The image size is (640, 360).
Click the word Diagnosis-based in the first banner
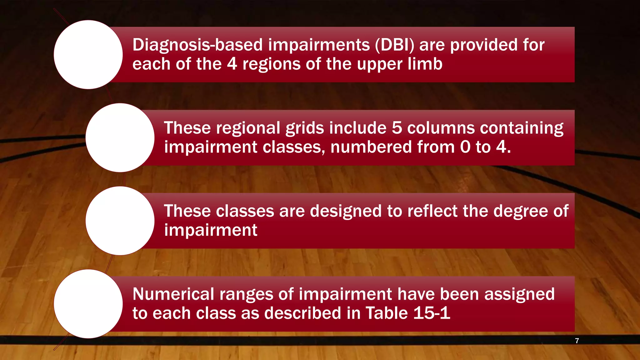pos(197,45)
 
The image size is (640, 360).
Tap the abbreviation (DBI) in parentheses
pos(394,45)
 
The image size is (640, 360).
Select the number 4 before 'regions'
pos(232,64)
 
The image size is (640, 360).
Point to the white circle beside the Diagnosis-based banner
pos(88,55)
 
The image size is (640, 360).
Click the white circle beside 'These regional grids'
pos(120,138)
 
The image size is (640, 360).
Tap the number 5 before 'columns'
pos(397,128)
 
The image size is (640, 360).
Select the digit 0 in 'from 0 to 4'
pos(465,147)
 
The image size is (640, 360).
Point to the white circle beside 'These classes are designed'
pos(120,221)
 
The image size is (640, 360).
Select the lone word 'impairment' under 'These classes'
pos(211,231)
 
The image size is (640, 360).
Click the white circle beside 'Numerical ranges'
pos(88,304)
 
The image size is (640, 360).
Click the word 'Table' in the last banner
pos(386,313)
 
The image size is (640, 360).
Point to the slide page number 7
pos(577,341)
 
